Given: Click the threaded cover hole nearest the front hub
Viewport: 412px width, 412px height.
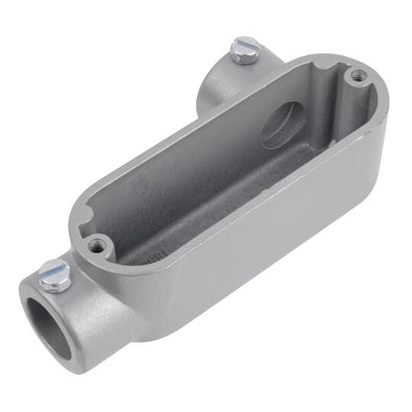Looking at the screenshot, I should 95,246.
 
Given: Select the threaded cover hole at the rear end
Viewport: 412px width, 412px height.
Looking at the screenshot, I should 356,76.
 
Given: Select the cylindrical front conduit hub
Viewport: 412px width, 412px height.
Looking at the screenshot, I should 61,313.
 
